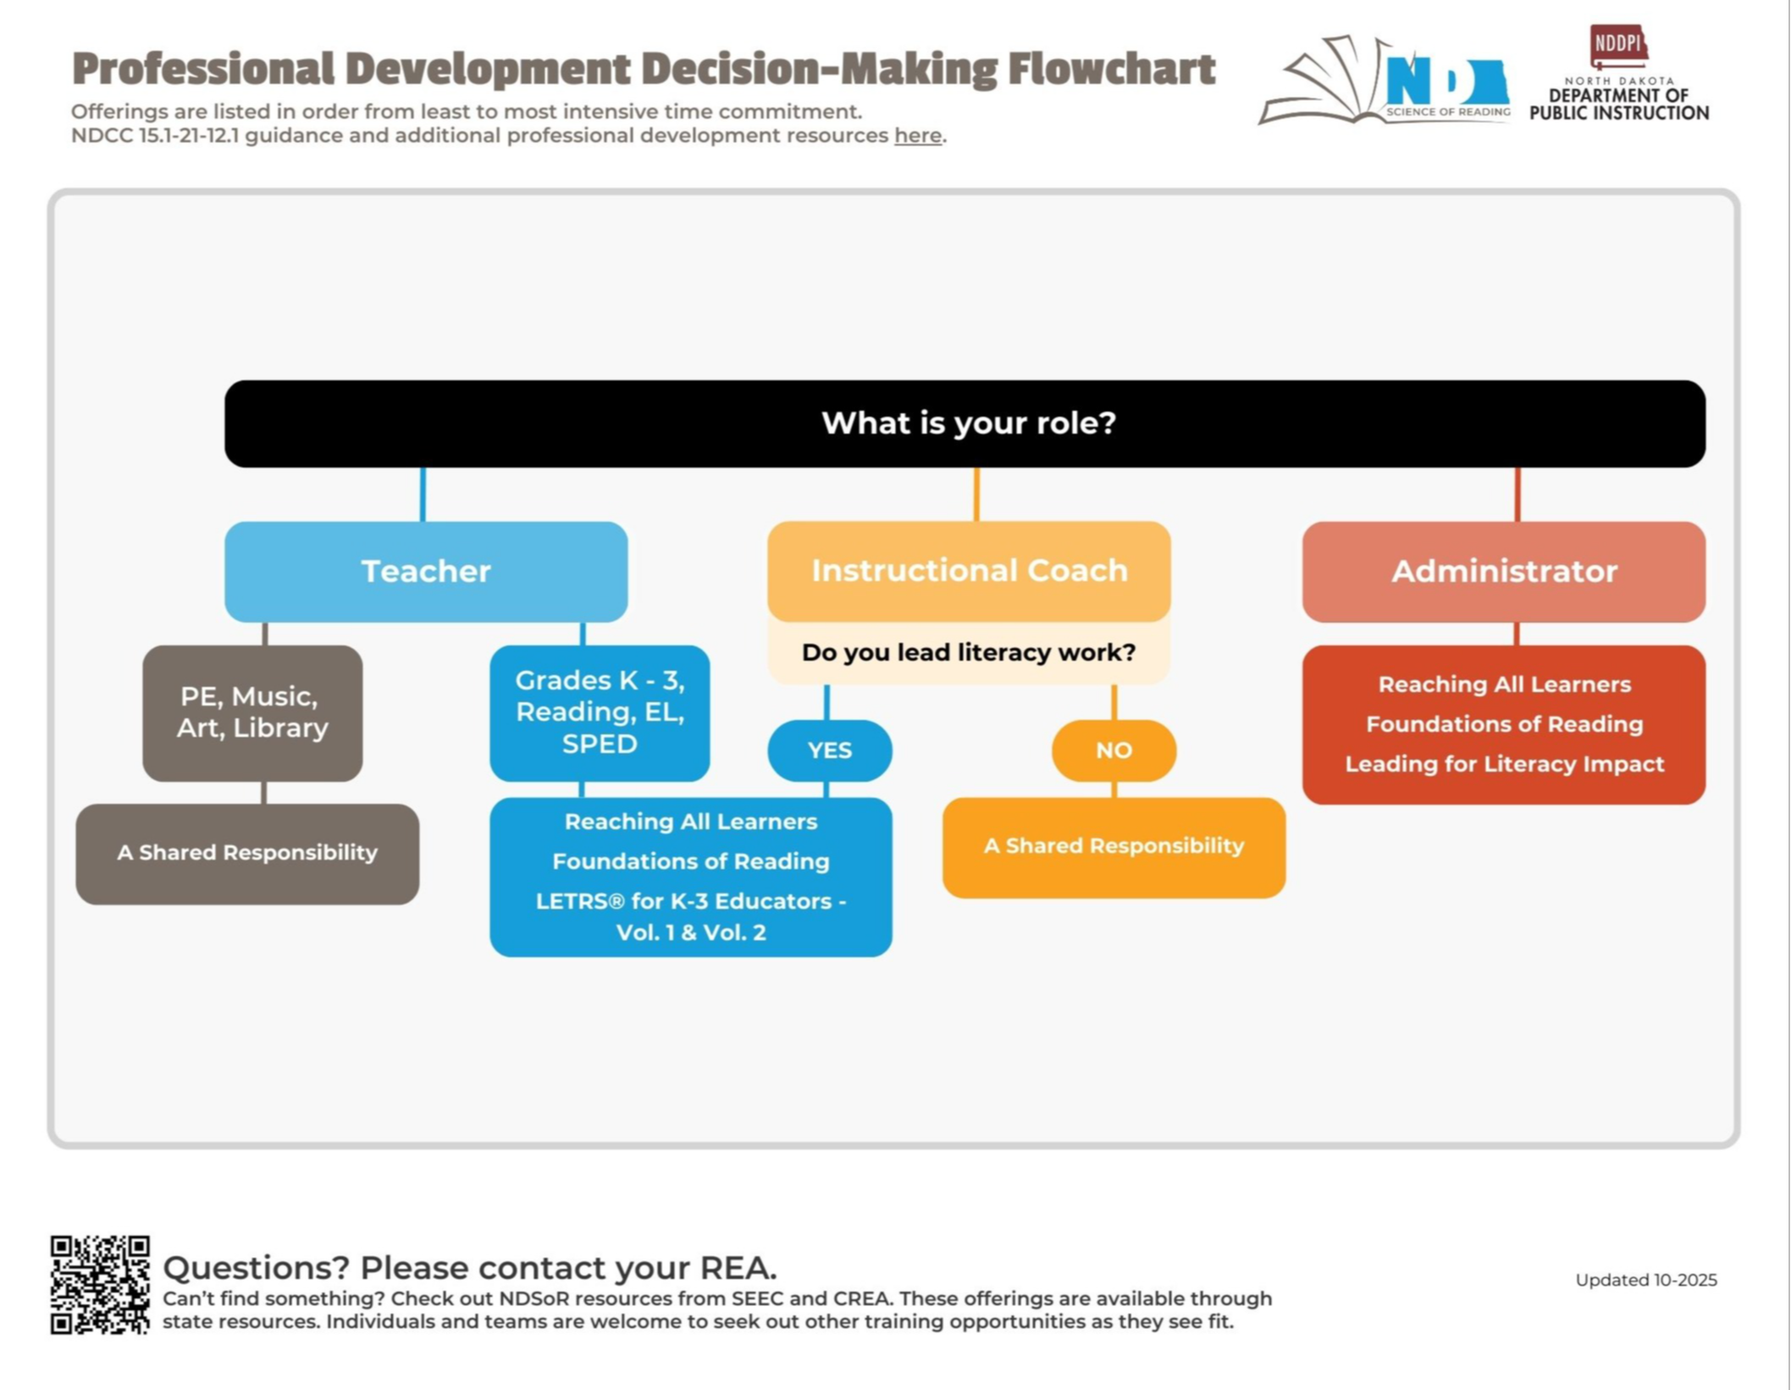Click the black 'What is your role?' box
(965, 423)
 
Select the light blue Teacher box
(426, 571)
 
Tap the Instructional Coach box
(969, 571)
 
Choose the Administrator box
(1503, 571)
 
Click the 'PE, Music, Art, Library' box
(252, 712)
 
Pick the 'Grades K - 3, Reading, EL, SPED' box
(600, 712)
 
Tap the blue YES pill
(829, 750)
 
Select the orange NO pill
(1114, 750)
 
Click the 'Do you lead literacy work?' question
(969, 652)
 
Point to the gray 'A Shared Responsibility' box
(247, 853)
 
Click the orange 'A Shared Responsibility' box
(1114, 846)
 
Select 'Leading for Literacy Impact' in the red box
(1504, 764)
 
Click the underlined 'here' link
(917, 136)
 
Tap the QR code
(100, 1284)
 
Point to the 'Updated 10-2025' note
(1645, 1280)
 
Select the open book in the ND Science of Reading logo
(1325, 85)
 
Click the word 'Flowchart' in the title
(1111, 69)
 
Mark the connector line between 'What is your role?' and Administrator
(1517, 494)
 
